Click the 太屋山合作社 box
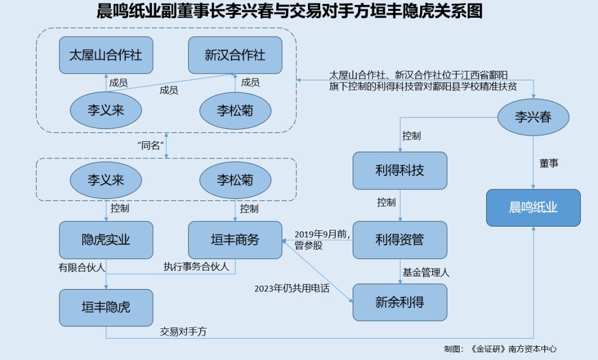point(106,55)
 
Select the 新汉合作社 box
point(235,55)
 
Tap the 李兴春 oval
point(533,117)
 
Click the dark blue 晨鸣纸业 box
point(533,208)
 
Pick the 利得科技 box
point(400,171)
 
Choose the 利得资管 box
point(400,240)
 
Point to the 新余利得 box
point(400,302)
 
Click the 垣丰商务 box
point(235,240)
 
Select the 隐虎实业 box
point(106,240)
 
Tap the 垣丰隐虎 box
point(106,307)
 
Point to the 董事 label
point(549,164)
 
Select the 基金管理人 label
point(426,272)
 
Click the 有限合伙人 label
point(82,267)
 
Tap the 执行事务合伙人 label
point(196,267)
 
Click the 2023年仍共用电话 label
point(292,288)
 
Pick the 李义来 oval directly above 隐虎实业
point(106,180)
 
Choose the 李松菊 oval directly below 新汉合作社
point(235,110)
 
